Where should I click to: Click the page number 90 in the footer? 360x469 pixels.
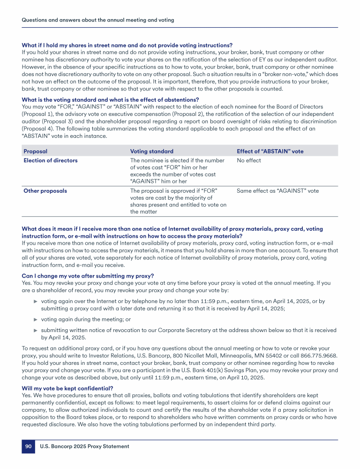(28, 446)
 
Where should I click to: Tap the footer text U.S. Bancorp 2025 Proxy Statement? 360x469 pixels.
(84, 446)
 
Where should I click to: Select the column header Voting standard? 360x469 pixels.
(151, 151)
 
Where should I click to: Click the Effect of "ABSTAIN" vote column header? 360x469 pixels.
(270, 151)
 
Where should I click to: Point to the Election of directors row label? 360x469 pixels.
(51, 160)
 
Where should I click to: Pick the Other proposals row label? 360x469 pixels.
(45, 191)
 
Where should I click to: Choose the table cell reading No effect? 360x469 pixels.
(249, 160)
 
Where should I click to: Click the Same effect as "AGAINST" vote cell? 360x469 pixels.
(277, 191)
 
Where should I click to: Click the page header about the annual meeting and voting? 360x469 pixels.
(98, 20)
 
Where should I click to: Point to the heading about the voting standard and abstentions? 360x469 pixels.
(111, 99)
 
